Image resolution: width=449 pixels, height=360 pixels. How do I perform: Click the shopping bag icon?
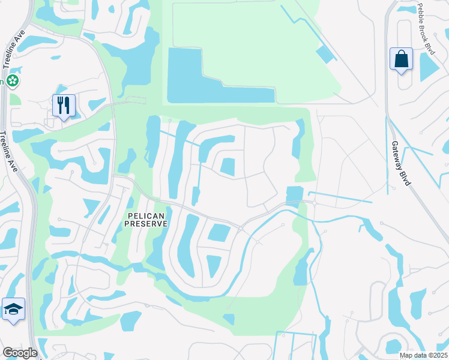[x=401, y=59]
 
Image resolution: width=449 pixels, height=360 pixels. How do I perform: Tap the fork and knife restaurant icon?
[x=62, y=106]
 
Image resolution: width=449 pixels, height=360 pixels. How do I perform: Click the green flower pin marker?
[x=12, y=81]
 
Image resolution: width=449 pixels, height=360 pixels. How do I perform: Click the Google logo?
[x=20, y=353]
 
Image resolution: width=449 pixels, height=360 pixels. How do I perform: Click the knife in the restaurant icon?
[x=68, y=105]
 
